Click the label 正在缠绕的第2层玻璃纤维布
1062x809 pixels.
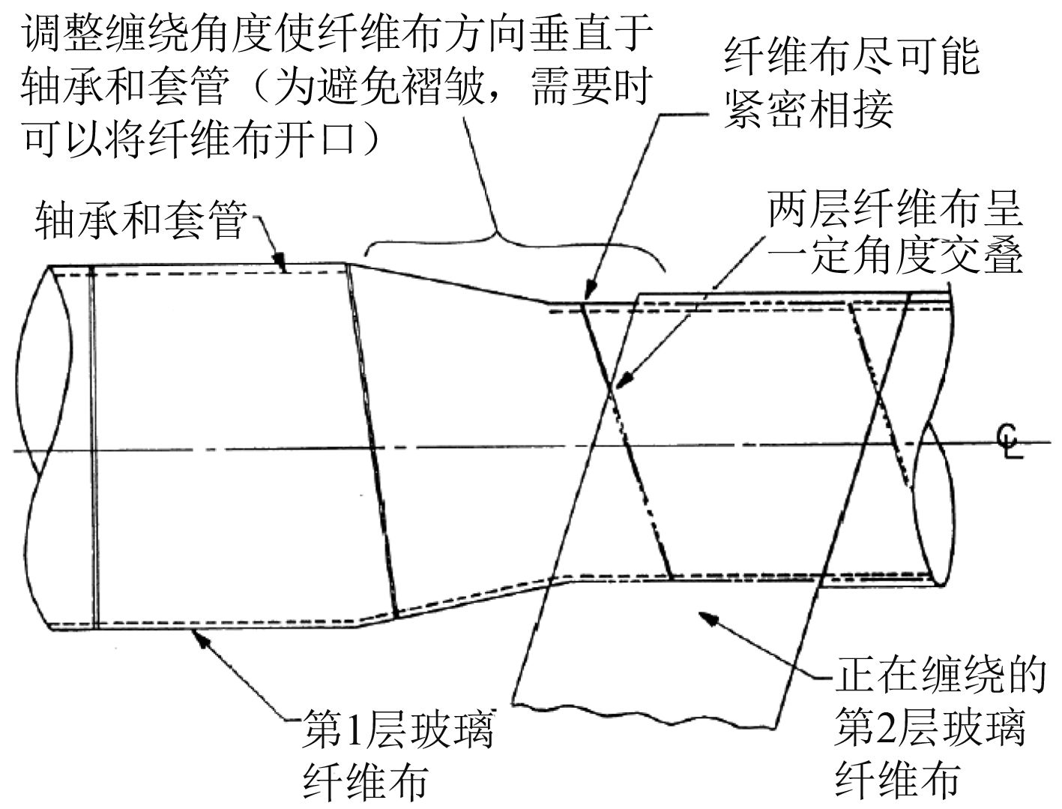coord(929,727)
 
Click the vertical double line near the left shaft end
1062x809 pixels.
coord(94,450)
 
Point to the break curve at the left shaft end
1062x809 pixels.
coord(34,450)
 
